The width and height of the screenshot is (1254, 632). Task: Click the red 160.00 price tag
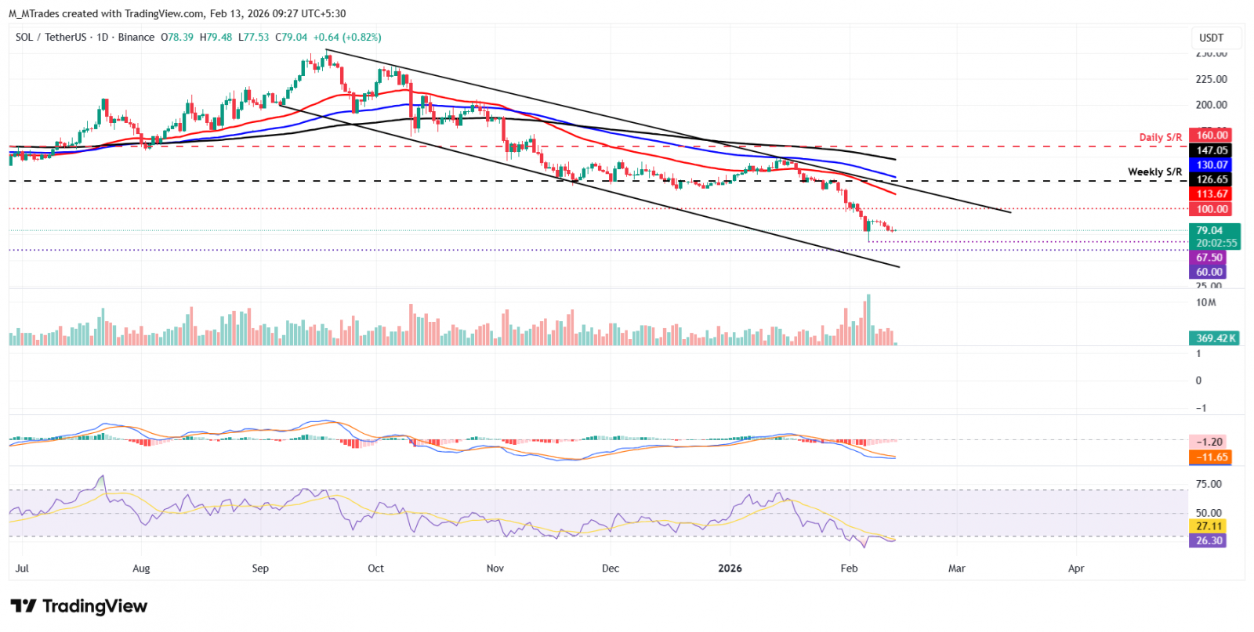1211,135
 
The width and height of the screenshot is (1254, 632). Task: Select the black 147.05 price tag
1211,150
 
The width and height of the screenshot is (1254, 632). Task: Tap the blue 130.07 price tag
1211,165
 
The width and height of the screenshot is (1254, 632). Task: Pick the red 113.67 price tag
1211,194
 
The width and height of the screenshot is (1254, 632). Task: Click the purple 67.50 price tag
1209,258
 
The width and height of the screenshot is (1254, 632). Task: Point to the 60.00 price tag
1209,273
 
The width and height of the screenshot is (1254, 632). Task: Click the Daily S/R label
1160,138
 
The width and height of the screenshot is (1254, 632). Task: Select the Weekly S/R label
1154,172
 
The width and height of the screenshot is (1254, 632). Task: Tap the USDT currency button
1211,38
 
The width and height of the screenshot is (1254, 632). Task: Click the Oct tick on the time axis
376,569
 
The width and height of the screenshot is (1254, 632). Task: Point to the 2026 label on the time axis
730,569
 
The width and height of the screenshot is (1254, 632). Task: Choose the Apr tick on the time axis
1076,569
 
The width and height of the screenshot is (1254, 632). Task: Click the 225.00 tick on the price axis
1211,79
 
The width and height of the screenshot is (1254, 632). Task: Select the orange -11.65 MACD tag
1211,457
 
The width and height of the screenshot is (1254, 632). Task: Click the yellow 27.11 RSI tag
1209,526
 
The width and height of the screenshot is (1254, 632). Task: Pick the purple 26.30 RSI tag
1209,541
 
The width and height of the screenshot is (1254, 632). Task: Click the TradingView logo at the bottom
78,606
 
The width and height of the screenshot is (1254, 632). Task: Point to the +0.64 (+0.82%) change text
347,38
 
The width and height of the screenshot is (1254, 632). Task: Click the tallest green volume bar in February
868,320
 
